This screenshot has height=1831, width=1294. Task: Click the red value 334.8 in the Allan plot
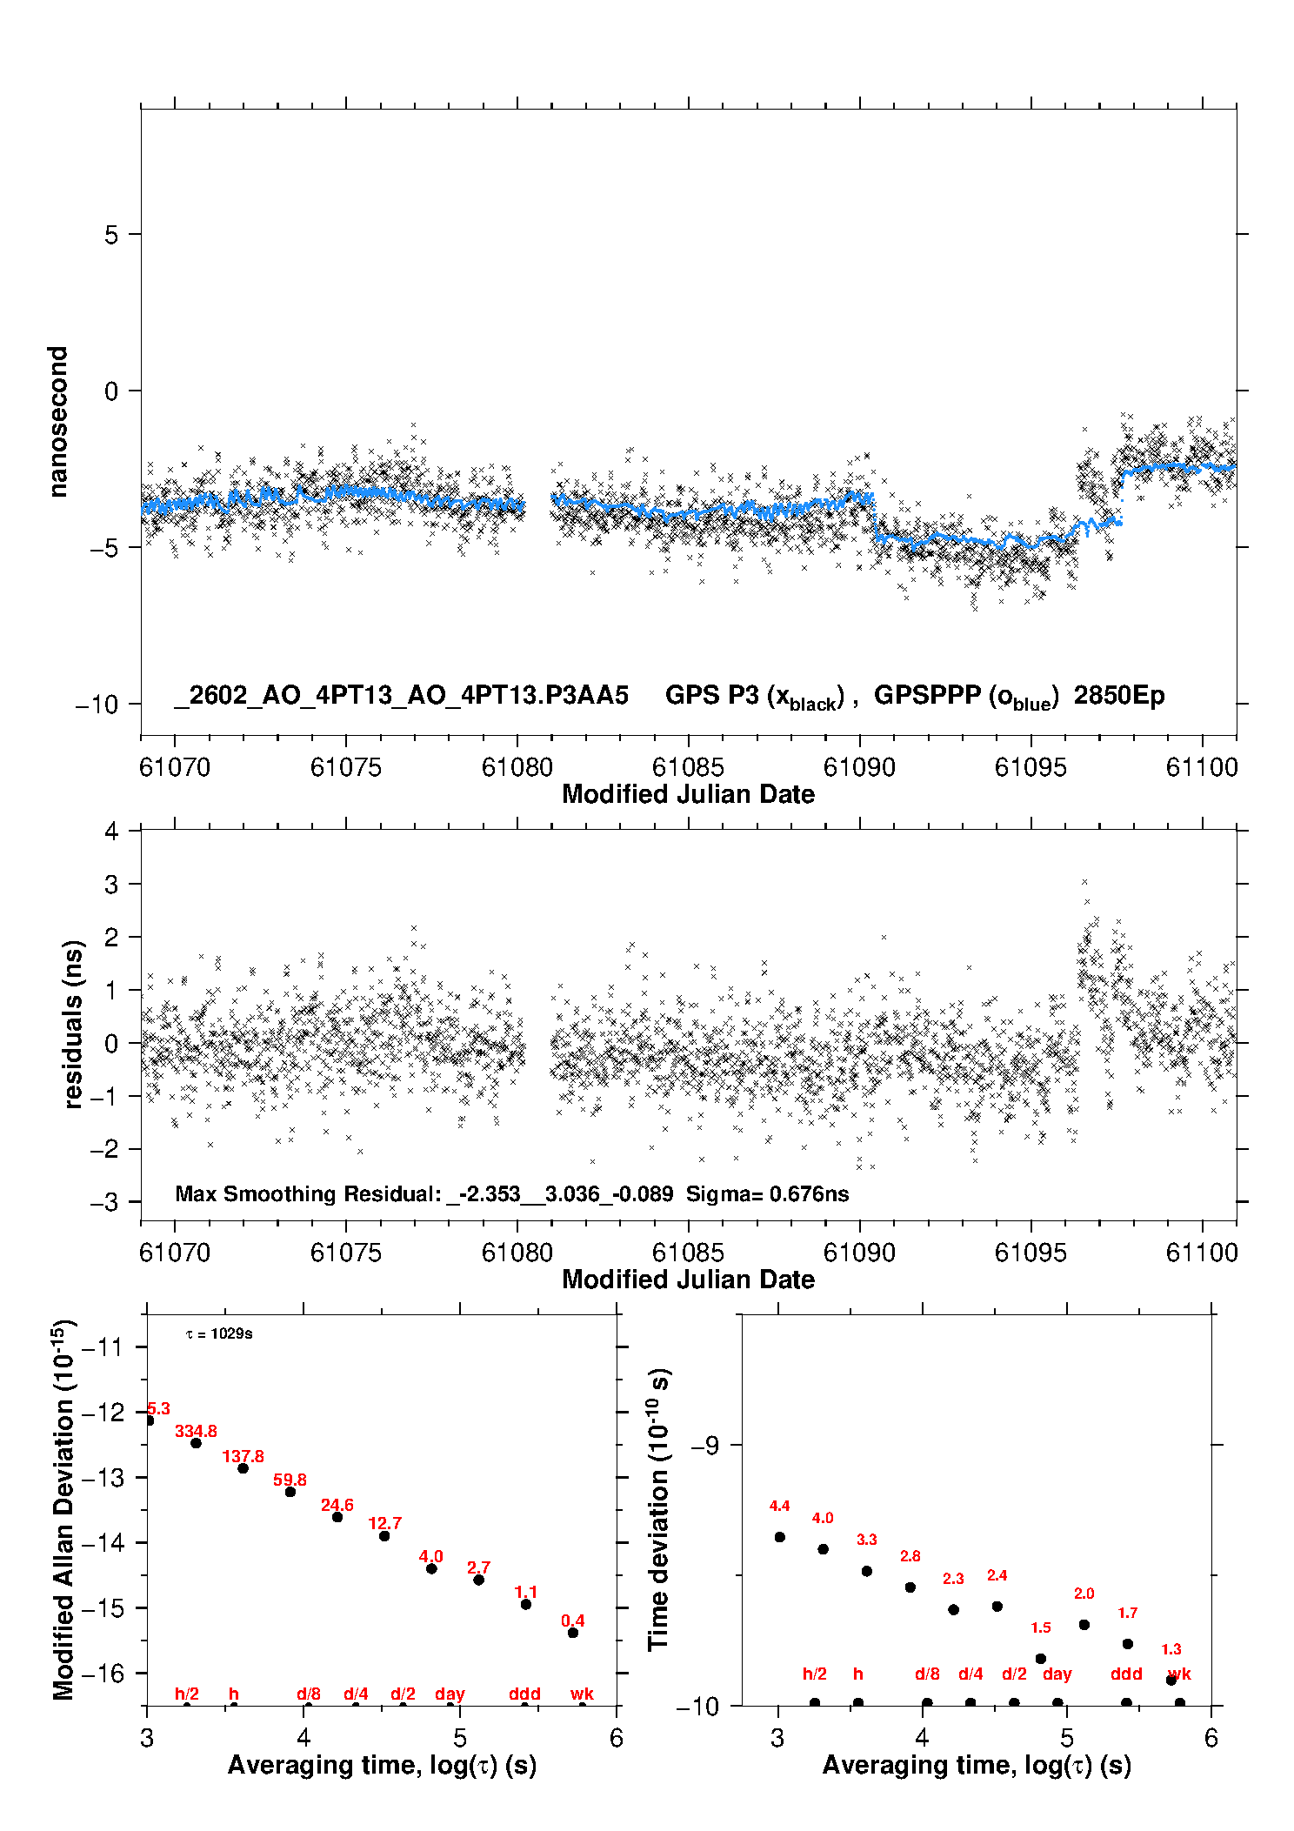(x=196, y=1431)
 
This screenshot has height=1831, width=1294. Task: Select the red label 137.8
(x=243, y=1456)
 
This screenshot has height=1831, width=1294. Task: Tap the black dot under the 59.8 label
(x=290, y=1492)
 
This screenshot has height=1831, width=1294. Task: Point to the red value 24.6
(x=337, y=1505)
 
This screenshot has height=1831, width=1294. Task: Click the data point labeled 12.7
(x=384, y=1536)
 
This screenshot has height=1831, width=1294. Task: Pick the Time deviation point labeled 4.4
(x=780, y=1537)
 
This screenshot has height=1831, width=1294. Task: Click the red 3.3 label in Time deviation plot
(x=867, y=1540)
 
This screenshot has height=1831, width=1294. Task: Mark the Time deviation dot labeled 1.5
(x=1041, y=1659)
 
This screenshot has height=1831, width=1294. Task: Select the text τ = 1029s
(x=219, y=1334)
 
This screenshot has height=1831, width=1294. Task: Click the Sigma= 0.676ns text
(x=767, y=1193)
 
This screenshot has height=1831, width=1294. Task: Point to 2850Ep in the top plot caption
(x=1119, y=696)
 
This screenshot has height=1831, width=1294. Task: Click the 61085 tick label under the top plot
(x=688, y=767)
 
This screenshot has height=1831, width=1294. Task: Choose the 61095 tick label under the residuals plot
(x=1031, y=1253)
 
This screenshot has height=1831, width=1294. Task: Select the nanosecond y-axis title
(x=57, y=422)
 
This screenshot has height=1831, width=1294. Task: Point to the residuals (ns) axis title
(x=73, y=1024)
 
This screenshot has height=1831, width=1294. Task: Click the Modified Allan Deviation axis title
(x=63, y=1509)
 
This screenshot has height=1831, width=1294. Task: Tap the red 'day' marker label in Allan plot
(x=450, y=1694)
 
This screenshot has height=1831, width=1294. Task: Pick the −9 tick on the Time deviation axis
(x=705, y=1446)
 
